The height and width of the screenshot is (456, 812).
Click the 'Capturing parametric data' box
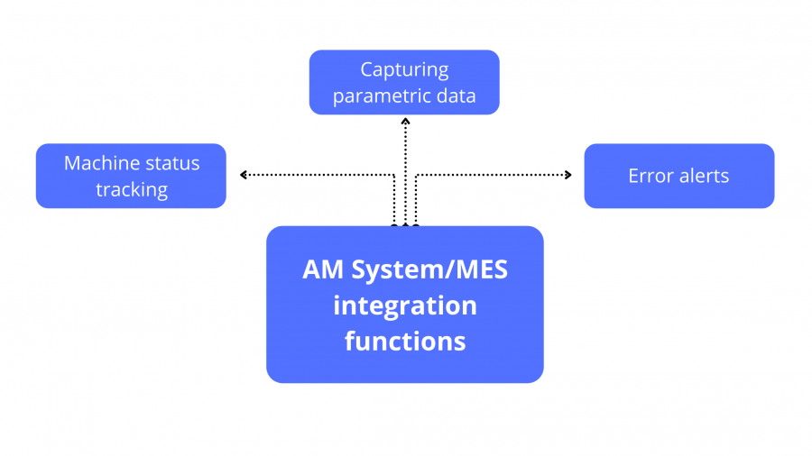[404, 82]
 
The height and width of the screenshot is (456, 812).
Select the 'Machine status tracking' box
[131, 176]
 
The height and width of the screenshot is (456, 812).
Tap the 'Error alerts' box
[678, 176]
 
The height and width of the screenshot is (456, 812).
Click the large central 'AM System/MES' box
[404, 305]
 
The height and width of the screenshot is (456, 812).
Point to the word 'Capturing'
[404, 69]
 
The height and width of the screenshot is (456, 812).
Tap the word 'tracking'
[132, 189]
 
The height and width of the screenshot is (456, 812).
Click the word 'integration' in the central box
[404, 306]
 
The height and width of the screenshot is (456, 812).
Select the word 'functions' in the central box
[404, 342]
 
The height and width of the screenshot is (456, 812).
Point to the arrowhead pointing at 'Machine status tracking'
[243, 175]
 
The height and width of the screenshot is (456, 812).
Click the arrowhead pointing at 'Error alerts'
[568, 175]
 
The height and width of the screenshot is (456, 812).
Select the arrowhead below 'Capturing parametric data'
[405, 120]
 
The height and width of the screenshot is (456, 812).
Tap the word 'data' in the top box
[457, 96]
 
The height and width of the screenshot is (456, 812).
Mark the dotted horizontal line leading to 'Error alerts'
[492, 175]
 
